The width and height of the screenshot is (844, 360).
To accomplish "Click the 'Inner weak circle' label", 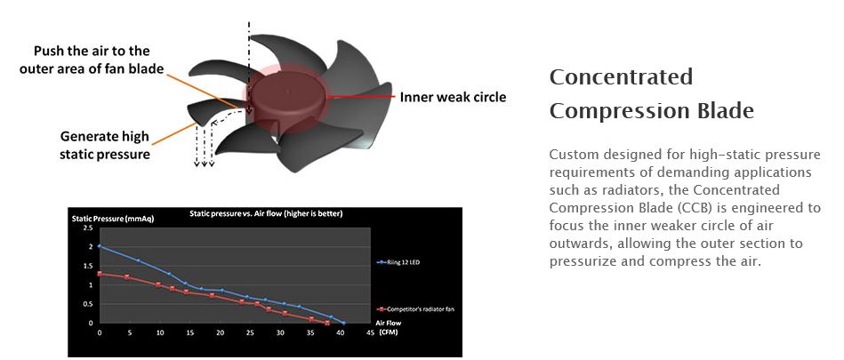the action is point(452,98).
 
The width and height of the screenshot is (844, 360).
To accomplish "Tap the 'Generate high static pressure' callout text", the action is point(104,145).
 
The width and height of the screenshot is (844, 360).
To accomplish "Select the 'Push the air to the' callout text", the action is point(92,52).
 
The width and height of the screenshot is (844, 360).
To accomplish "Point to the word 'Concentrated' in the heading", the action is point(621,76).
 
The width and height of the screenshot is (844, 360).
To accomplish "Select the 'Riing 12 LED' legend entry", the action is point(400,262).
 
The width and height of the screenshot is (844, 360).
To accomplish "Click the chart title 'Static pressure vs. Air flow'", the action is point(266,213).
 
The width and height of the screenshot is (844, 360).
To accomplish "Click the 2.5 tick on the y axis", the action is point(88,228).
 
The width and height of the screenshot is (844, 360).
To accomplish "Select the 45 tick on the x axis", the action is point(370,333).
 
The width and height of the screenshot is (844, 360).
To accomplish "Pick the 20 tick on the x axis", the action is point(220,333).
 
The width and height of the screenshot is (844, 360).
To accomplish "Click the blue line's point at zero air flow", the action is point(99,246).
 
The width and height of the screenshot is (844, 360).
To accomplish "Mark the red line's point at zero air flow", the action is point(99,274).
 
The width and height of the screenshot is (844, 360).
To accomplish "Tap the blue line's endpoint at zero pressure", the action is point(344,323).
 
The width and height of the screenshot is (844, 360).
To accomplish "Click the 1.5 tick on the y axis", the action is point(88,266).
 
